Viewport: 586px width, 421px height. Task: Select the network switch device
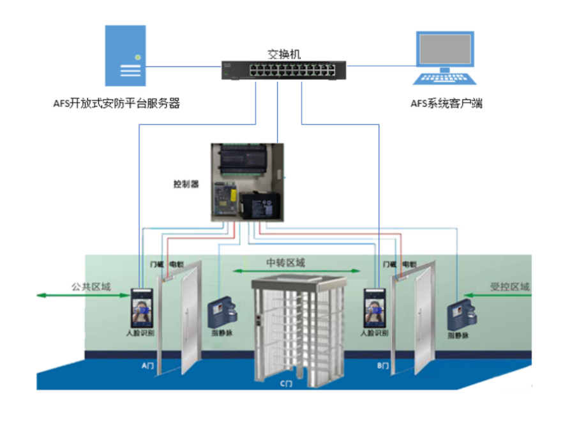283,70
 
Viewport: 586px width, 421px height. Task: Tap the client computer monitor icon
445,49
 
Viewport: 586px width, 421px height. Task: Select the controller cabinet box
248,182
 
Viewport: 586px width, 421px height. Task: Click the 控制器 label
186,185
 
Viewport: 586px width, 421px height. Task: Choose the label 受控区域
509,287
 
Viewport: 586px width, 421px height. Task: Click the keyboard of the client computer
445,79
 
